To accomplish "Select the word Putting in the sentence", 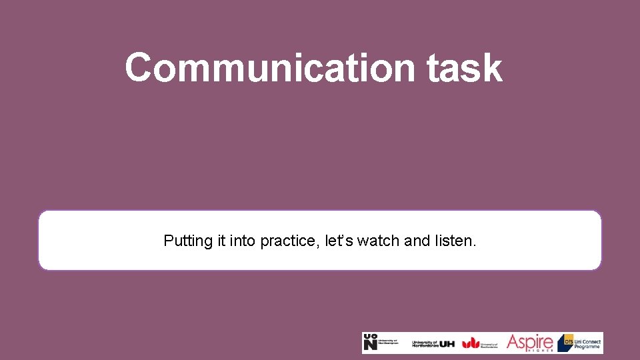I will (x=189, y=241).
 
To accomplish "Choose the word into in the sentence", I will (x=243, y=241).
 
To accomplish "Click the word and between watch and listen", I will (x=417, y=241).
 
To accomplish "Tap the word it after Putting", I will (x=221, y=241).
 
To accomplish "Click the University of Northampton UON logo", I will (x=381, y=343).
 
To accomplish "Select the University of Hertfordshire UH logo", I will (x=433, y=343).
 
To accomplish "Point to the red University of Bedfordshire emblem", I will (x=471, y=343).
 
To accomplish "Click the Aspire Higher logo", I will (x=530, y=343).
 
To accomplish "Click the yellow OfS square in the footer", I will (x=566, y=339).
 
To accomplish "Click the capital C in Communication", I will (x=140, y=68).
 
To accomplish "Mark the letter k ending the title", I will (x=493, y=68).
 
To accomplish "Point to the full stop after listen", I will (x=474, y=245).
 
